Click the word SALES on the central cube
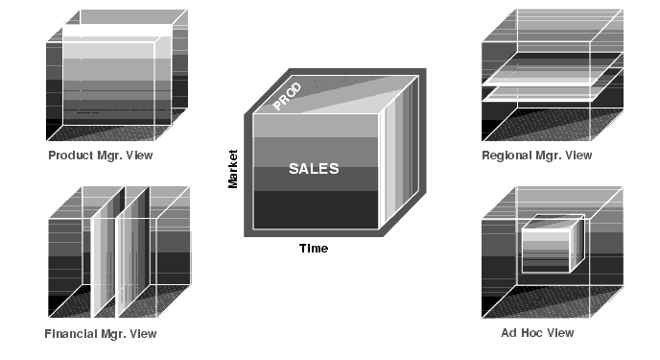tap(314, 168)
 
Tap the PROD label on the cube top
tap(287, 96)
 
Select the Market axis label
tap(233, 169)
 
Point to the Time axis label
tap(314, 249)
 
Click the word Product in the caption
tap(71, 156)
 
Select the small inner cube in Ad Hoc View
tap(554, 244)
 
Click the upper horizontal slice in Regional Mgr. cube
tap(553, 69)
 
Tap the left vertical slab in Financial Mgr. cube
tap(108, 252)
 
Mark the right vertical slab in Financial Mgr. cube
tap(132, 252)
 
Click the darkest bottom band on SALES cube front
tap(316, 209)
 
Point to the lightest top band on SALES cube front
tap(316, 126)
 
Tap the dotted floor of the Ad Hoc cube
tap(553, 301)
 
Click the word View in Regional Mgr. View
tap(579, 156)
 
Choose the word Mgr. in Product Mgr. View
tap(109, 156)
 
